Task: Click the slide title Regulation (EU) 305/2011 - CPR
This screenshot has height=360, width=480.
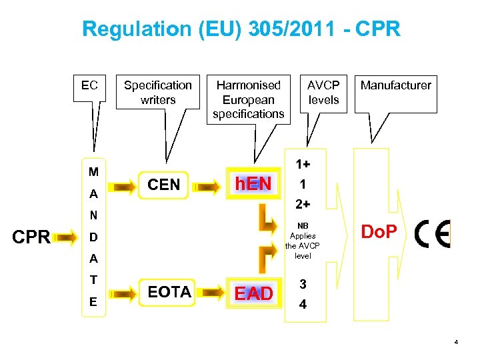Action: coord(241,29)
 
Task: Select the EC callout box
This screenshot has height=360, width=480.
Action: coord(89,85)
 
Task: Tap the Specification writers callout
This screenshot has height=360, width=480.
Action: coord(158,92)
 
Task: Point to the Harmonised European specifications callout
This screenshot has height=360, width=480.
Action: coord(248,99)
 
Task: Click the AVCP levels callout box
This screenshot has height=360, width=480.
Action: coord(323,92)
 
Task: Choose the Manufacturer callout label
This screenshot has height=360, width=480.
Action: coord(395,85)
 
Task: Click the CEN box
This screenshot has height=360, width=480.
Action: coord(164,185)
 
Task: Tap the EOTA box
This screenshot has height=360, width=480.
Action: coord(169,292)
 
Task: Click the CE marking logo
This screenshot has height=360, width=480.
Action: coord(432,234)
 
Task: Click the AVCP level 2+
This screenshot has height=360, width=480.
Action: coord(303,203)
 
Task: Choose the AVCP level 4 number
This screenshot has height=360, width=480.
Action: coord(303,306)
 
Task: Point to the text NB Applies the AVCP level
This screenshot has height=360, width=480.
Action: coord(303,241)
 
